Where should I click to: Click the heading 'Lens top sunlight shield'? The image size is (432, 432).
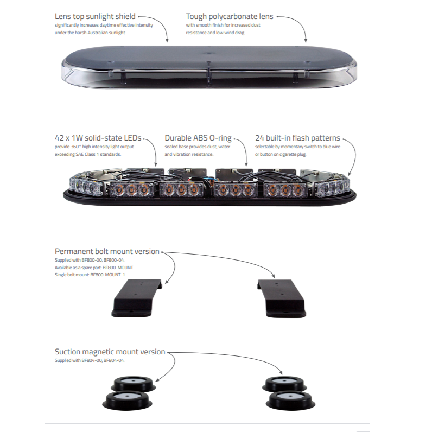95,17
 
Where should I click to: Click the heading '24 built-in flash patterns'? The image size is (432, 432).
297,138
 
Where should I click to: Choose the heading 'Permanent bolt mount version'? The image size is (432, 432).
107,251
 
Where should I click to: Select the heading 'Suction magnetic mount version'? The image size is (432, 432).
110,352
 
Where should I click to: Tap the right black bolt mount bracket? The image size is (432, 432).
282,298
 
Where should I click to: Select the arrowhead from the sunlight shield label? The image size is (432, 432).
167,41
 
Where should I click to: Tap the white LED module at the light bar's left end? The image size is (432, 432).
84,185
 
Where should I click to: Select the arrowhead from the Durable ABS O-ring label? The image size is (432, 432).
246,164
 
